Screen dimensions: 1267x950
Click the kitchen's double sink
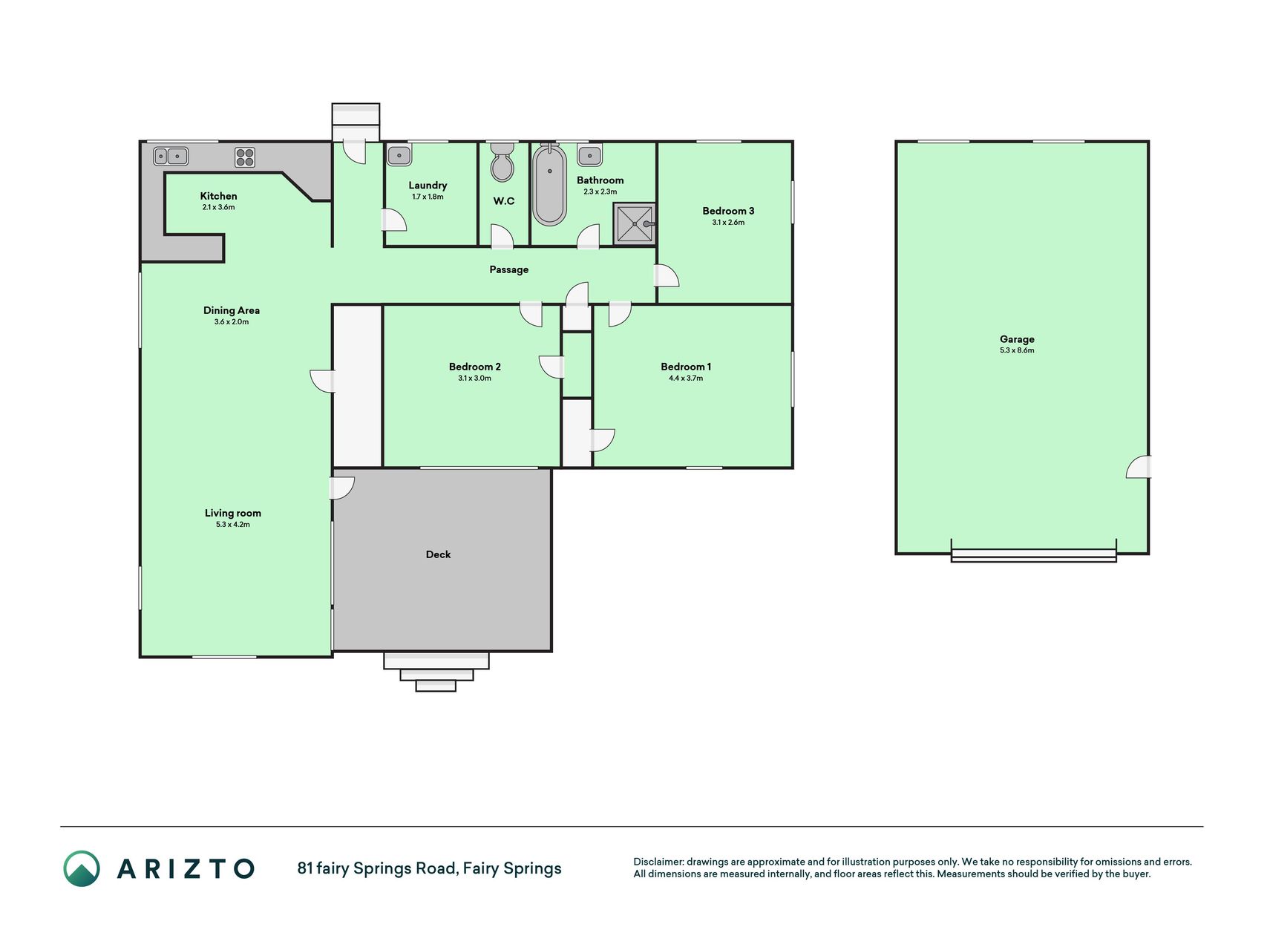[171, 157]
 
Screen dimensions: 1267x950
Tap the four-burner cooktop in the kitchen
[245, 157]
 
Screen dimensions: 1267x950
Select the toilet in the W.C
[502, 163]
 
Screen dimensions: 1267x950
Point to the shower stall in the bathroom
[635, 223]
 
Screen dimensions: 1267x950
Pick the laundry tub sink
[399, 155]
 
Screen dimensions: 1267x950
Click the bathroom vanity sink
[590, 155]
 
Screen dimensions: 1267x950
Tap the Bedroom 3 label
[728, 211]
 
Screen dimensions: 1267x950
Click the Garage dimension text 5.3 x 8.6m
[1017, 350]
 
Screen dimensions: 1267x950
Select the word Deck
[438, 554]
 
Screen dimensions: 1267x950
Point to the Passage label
[509, 269]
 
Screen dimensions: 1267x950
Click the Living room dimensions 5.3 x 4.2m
[233, 525]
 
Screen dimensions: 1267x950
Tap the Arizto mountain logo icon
[82, 868]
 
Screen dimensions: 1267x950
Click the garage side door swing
[1139, 466]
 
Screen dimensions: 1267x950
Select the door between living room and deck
[342, 488]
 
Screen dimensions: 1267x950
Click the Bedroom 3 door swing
[666, 275]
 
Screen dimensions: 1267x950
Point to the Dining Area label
[232, 310]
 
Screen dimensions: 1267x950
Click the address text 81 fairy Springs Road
[377, 868]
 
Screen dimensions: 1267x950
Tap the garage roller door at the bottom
[1034, 554]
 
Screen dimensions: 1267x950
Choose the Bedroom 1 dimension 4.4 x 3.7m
[686, 379]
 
